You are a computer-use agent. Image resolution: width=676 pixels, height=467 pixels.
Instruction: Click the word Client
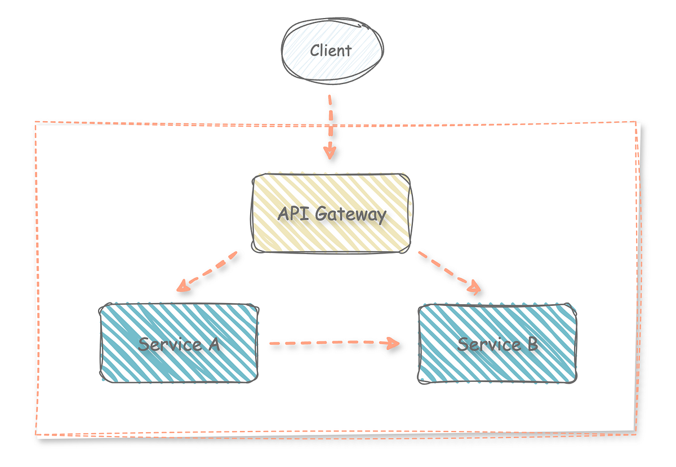tap(331, 51)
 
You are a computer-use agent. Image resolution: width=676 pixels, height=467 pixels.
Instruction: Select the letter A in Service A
tap(213, 344)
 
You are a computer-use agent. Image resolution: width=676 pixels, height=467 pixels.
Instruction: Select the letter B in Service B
tap(531, 344)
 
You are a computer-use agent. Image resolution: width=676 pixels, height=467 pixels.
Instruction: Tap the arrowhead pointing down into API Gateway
tap(330, 152)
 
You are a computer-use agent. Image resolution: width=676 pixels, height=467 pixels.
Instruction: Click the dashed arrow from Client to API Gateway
tap(330, 121)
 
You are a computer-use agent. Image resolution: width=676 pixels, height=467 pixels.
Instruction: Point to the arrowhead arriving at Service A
tap(182, 287)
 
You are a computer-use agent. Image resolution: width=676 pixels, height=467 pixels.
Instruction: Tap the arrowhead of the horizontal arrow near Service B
tap(394, 343)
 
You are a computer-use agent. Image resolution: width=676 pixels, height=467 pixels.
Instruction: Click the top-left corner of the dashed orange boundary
tap(35, 122)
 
